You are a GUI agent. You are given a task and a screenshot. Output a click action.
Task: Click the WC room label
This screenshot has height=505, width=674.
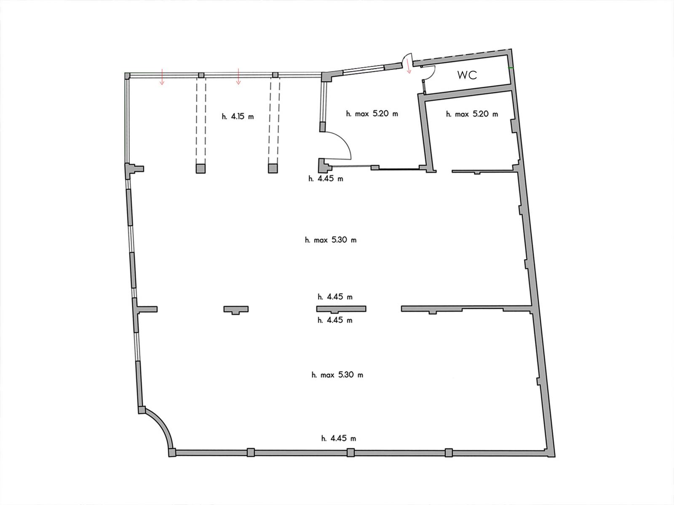coord(467,75)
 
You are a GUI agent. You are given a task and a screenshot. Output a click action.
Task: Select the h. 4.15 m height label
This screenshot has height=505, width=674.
coord(238,117)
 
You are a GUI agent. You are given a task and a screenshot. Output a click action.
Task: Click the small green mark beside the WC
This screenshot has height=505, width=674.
coord(511,68)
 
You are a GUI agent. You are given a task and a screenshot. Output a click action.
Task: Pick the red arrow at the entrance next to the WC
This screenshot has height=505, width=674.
coord(408,66)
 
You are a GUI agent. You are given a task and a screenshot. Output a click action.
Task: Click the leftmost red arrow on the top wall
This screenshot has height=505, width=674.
coord(162,77)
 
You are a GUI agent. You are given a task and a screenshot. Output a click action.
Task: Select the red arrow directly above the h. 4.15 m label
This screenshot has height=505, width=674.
coord(238,77)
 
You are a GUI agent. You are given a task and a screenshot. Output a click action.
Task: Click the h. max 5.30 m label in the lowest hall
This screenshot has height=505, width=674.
coord(337,375)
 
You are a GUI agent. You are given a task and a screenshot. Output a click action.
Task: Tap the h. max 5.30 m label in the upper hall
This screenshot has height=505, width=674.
coord(331,240)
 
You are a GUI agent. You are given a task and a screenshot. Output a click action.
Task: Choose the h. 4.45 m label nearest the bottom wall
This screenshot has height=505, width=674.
coord(339,439)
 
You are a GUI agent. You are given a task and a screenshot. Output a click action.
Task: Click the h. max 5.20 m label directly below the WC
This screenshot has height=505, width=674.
coord(472,114)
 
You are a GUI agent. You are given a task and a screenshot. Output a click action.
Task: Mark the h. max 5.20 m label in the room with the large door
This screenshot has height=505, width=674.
coord(372,114)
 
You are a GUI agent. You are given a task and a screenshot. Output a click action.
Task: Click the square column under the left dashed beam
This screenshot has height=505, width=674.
coord(201,168)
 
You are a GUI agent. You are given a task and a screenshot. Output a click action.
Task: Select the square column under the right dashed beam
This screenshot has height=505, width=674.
coord(273,168)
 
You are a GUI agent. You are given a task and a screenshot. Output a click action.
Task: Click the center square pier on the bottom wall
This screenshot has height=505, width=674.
coord(350,452)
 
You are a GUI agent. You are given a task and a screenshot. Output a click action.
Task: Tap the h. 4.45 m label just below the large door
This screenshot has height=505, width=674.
coord(326,178)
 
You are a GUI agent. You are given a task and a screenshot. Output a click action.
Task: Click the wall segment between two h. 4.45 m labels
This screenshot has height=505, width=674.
coord(341,309)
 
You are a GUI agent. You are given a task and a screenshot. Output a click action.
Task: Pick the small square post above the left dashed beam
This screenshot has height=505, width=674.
coord(201,75)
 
